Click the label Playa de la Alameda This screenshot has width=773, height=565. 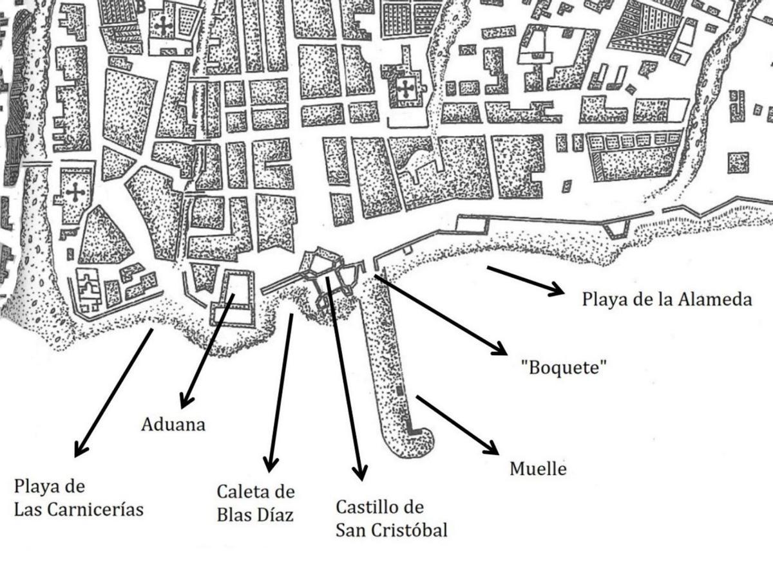point(667,300)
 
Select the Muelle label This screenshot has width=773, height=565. point(538,468)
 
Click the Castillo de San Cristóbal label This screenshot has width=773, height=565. point(391,518)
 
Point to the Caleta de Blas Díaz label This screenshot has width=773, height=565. point(256,503)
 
